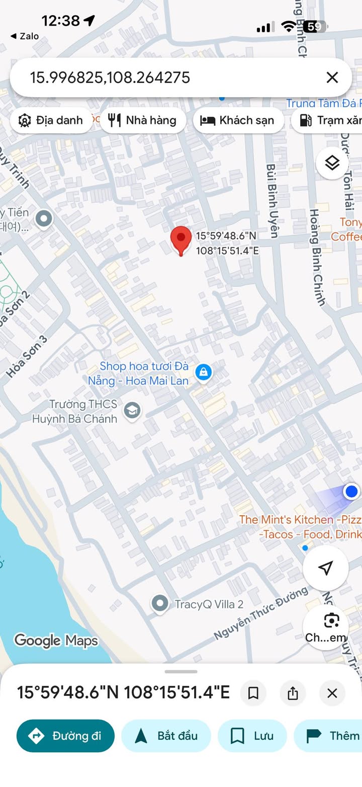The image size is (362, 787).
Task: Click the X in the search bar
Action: pos(332,77)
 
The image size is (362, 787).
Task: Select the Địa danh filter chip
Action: pos(51,120)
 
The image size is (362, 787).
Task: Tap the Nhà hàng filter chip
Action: pos(143,120)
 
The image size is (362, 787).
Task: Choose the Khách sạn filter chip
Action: pos(238,120)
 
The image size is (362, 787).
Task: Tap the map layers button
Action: pos(332,163)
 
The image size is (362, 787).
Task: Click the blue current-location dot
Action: pos(351,491)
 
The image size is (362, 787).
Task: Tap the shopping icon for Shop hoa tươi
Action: pos(203,373)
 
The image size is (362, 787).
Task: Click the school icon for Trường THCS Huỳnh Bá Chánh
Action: pos(132,410)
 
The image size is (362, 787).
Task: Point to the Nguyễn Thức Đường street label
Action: pos(260,613)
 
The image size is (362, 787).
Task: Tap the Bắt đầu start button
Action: pos(166,736)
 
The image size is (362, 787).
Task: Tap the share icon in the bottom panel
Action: pos(293,693)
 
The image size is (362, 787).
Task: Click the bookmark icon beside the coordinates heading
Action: pos(253,693)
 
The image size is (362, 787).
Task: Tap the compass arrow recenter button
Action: pos(326,568)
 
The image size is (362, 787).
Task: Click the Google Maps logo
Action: pos(56,641)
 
